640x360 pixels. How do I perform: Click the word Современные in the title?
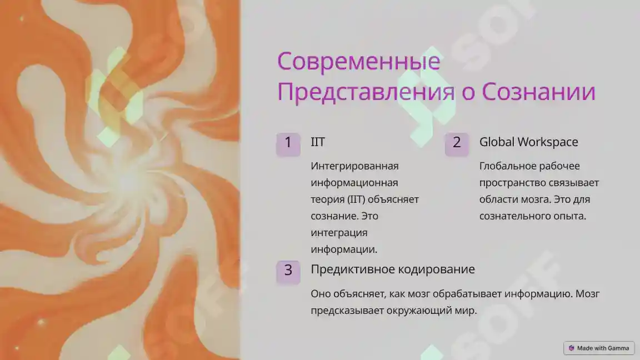click(358, 61)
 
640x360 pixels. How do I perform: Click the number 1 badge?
click(288, 142)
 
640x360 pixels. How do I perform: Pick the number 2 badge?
click(457, 142)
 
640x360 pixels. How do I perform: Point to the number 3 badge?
click(288, 271)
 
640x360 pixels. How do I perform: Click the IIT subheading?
click(318, 142)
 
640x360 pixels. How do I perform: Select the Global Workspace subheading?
click(528, 142)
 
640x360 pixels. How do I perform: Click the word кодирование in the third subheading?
click(437, 269)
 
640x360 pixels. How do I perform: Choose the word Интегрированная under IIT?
click(354, 166)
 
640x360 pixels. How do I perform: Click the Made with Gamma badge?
click(599, 348)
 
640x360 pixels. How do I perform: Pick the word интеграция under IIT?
click(339, 233)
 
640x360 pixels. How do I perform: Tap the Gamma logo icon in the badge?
click(571, 348)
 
